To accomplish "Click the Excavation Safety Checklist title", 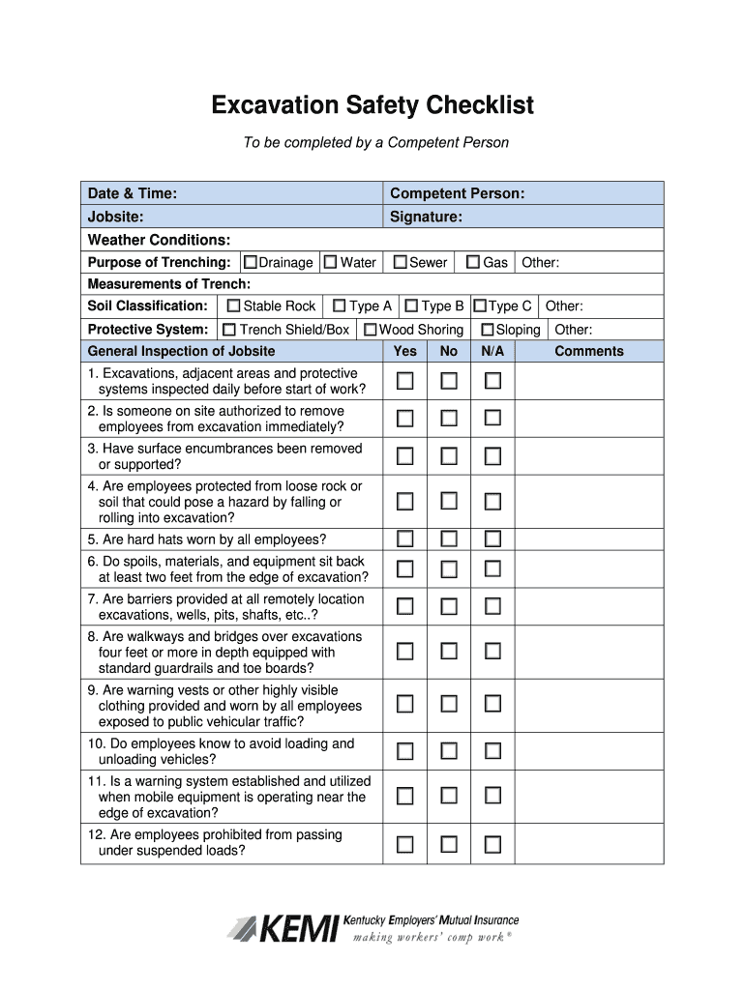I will [372, 104].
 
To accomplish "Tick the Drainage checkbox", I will [251, 262].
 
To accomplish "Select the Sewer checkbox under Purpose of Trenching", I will [400, 262].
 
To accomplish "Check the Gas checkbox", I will [473, 262].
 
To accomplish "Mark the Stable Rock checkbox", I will [232, 306].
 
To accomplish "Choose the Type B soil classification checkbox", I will [411, 306].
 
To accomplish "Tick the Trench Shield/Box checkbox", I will [229, 330].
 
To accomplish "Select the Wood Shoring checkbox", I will [371, 330].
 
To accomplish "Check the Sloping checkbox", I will [488, 330].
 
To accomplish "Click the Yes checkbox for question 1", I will [404, 381].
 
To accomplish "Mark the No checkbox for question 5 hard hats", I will [449, 539].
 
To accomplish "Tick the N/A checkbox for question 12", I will [492, 844].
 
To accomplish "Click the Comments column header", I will [588, 351].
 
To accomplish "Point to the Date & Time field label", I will [132, 193].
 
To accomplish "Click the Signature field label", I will [426, 217].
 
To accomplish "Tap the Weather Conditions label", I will [159, 240].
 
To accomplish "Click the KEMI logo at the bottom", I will [372, 928].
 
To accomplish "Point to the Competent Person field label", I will [457, 193].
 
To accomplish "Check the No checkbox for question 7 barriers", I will [449, 606].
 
